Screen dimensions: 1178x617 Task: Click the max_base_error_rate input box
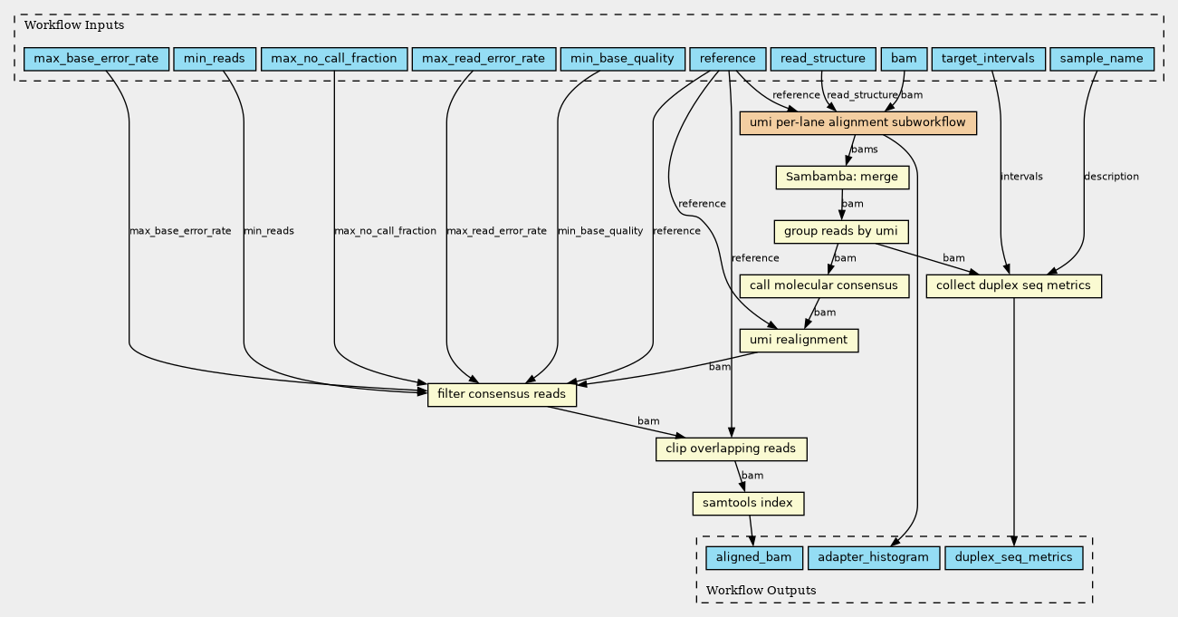click(96, 59)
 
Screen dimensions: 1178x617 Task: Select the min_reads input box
click(215, 59)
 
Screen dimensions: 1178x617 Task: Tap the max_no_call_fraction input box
click(334, 59)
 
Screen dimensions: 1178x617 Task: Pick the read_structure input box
click(823, 59)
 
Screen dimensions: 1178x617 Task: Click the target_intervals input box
click(988, 59)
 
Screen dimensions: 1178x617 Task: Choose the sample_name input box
click(1102, 59)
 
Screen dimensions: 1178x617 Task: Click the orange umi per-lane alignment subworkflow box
click(857, 123)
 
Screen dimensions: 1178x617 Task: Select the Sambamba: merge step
click(842, 178)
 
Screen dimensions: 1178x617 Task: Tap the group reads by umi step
click(841, 232)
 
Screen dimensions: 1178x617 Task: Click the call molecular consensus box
click(824, 286)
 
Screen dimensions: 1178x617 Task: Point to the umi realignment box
click(799, 341)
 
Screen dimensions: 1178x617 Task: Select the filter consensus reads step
click(502, 395)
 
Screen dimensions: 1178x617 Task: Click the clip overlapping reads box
click(731, 449)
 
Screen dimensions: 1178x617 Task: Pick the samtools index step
click(748, 504)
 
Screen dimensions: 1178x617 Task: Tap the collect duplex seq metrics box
click(1013, 286)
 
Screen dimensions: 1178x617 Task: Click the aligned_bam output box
click(753, 557)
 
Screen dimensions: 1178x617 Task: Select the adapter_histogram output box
click(873, 557)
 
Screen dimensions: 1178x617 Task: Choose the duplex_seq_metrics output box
click(1013, 557)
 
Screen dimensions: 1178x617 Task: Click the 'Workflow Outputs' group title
click(761, 590)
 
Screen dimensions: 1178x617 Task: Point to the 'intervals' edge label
click(1021, 176)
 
